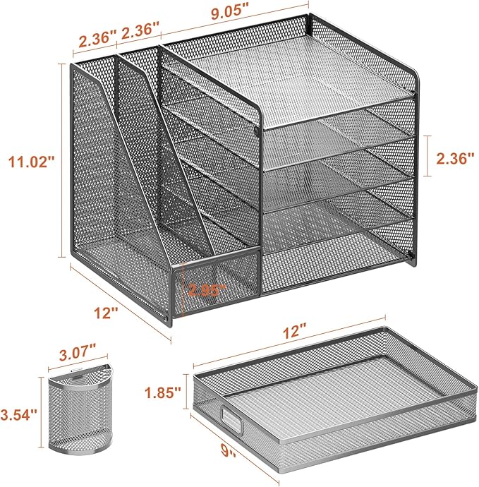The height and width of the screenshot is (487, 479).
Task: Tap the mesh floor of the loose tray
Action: coord(325,402)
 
